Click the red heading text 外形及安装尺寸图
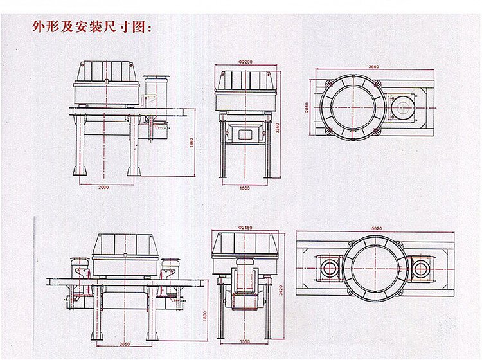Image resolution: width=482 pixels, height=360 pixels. click(x=91, y=28)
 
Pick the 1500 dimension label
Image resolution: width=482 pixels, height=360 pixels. click(x=245, y=188)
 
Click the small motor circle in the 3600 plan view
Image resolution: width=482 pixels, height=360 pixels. click(x=403, y=106)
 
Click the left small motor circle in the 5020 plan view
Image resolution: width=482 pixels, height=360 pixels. click(x=330, y=267)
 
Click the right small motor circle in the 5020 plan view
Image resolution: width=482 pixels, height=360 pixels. click(x=420, y=267)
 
